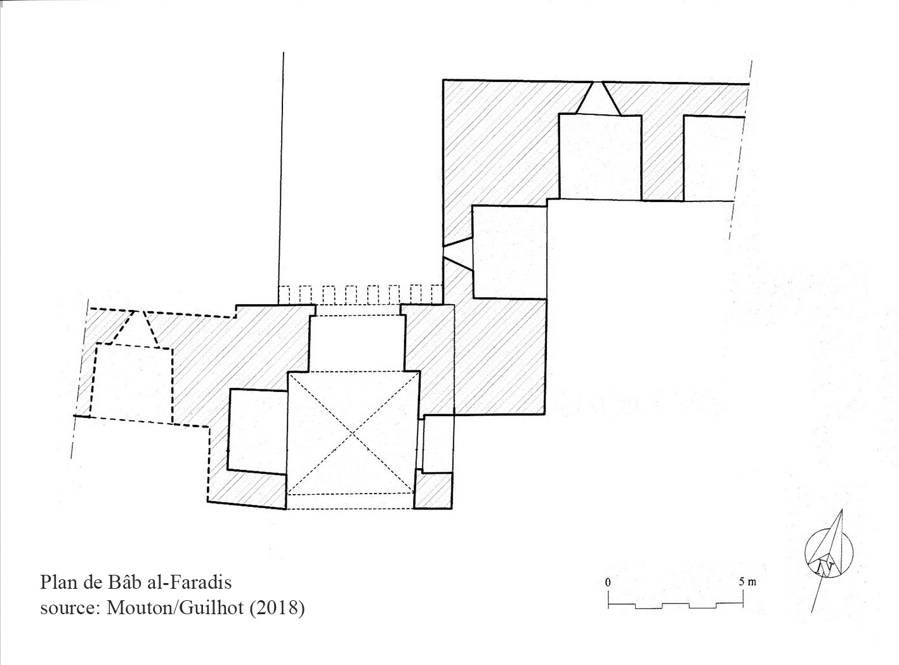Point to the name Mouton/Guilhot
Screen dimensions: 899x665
175,607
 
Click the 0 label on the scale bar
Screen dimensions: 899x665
608,582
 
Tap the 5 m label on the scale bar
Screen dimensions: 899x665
747,582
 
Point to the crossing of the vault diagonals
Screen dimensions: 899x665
353,434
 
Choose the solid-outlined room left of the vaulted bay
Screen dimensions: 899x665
258,432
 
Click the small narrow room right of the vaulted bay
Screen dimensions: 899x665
437,444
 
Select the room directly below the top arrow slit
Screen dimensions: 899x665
600,158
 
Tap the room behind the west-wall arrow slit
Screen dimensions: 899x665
509,252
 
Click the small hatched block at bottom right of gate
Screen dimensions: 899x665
433,490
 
